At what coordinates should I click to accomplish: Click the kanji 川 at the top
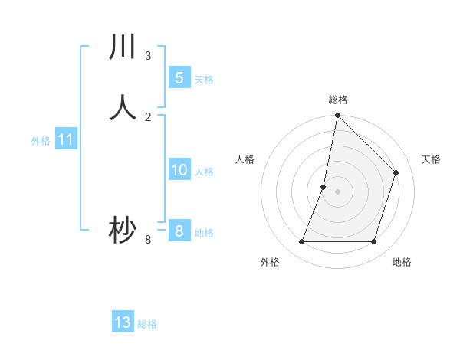click(122, 47)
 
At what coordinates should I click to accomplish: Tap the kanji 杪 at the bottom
click(122, 231)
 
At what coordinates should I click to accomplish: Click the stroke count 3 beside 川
click(148, 56)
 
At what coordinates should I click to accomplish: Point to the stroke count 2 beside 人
click(148, 116)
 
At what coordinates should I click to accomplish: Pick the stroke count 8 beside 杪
click(148, 240)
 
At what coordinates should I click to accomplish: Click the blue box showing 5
click(179, 78)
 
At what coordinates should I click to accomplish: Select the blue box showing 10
click(179, 170)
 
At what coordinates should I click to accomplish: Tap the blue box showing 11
click(66, 140)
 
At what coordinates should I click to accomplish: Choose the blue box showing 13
click(123, 322)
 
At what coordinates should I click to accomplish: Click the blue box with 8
click(179, 231)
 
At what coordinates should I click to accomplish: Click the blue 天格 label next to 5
click(204, 80)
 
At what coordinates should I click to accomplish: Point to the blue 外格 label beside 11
click(41, 141)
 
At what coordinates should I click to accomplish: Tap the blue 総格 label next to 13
click(147, 324)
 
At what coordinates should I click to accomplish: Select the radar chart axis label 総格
click(337, 100)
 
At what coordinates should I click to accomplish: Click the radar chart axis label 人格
click(245, 159)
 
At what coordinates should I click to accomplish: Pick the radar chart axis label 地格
click(402, 262)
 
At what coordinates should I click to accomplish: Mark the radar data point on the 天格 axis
click(396, 172)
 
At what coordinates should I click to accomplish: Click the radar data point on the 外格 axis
click(301, 242)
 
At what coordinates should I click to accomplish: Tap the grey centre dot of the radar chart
click(337, 191)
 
